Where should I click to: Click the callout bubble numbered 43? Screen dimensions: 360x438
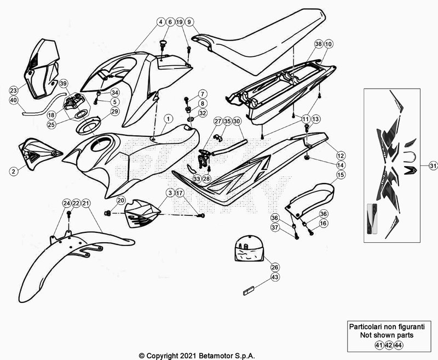pos(275,278)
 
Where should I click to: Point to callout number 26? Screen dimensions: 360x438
pos(275,267)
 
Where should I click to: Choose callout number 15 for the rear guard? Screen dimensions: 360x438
pos(340,175)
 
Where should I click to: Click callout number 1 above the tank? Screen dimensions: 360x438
pos(168,118)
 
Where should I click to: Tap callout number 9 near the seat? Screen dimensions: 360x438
pos(189,22)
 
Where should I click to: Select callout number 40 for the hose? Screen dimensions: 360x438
pos(14,100)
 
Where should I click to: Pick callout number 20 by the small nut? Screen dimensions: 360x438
pos(120,201)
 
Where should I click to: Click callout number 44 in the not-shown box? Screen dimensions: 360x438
pos(399,345)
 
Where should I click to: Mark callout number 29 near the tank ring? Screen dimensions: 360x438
pos(115,112)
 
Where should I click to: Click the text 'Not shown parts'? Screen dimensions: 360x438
pos(386,335)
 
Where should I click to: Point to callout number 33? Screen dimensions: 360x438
pos(197,179)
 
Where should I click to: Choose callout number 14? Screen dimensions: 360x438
pos(340,164)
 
